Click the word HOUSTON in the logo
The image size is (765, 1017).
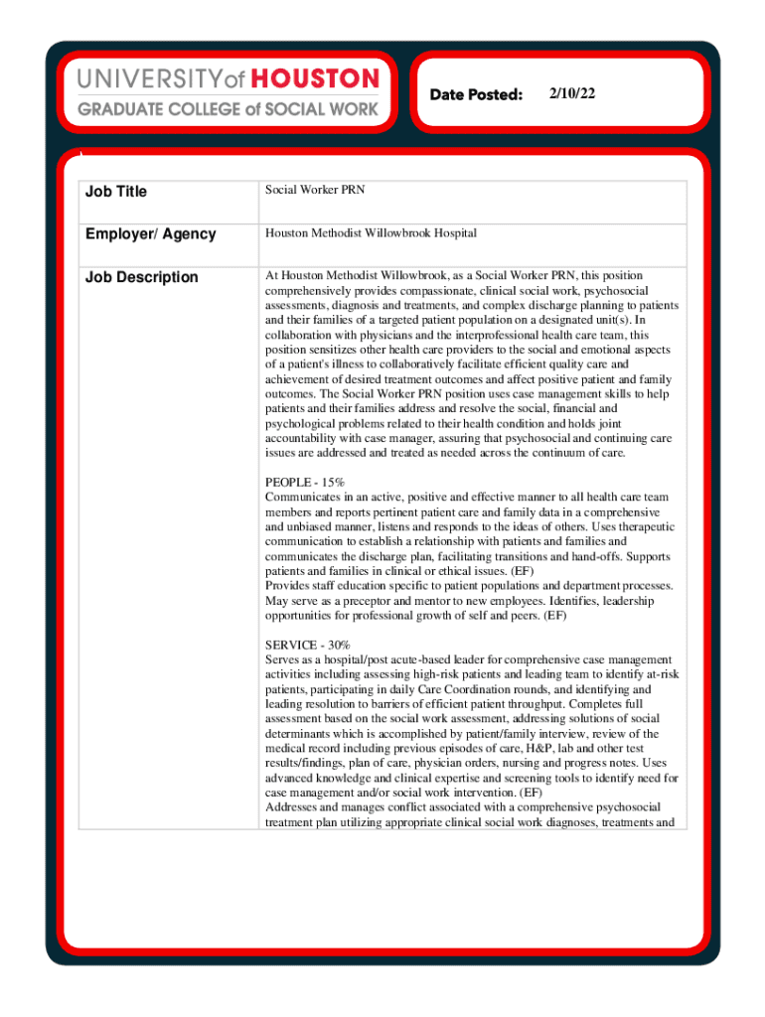317,79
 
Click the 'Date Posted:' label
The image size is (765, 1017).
476,94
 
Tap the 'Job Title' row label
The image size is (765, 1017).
115,192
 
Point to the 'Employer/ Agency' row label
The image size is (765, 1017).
150,234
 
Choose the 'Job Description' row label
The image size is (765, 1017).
141,277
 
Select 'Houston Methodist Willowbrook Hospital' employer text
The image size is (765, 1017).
371,233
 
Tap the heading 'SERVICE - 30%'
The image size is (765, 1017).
307,646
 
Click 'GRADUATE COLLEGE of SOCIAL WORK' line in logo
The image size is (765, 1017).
229,109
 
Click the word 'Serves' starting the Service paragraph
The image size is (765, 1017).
282,660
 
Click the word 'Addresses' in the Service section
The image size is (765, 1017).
291,808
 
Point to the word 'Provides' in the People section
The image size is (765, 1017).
287,586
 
